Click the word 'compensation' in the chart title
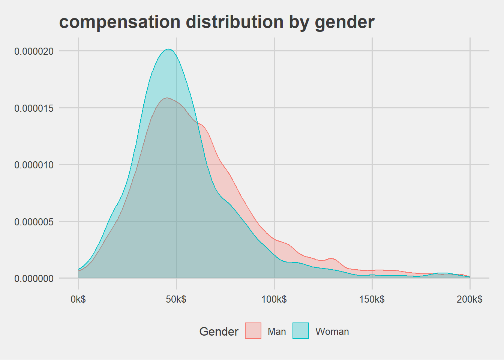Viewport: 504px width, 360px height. tap(120, 22)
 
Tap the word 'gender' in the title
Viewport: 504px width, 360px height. tap(344, 22)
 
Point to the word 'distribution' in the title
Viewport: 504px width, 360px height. tap(234, 22)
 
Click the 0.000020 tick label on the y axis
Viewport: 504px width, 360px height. tap(34, 51)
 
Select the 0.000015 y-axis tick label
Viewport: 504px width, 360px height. tap(34, 108)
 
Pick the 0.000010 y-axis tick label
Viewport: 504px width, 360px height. tap(34, 165)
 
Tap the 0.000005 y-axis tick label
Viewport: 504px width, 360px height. tap(34, 222)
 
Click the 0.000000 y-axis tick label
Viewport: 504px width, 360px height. tap(34, 279)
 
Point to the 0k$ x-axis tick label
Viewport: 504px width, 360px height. tap(78, 299)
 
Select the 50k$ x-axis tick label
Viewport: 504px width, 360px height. tap(176, 299)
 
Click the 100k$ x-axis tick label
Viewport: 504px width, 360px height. tap(274, 299)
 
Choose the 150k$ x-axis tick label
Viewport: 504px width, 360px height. tap(372, 299)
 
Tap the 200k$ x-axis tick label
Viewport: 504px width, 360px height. tap(470, 299)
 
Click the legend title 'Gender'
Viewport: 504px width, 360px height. tap(219, 331)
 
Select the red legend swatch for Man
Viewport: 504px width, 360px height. tap(253, 331)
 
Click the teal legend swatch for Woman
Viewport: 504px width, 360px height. tap(300, 331)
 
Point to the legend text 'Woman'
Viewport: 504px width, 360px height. tap(332, 331)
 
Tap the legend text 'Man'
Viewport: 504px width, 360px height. tap(277, 331)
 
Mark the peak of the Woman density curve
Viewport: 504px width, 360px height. tap(168, 49)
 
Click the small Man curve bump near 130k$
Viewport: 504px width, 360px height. tap(331, 258)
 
